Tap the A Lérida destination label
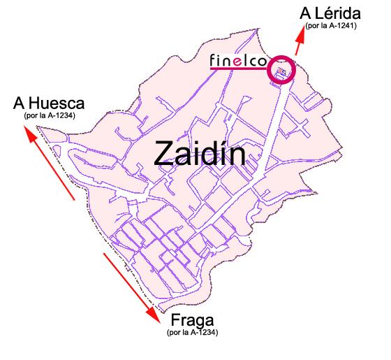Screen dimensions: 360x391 (330, 13)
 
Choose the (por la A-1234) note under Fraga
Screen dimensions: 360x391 (193, 333)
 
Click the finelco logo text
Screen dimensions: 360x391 (238, 61)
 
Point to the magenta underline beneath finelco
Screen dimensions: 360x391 (237, 70)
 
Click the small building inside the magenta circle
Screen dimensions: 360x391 (281, 71)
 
